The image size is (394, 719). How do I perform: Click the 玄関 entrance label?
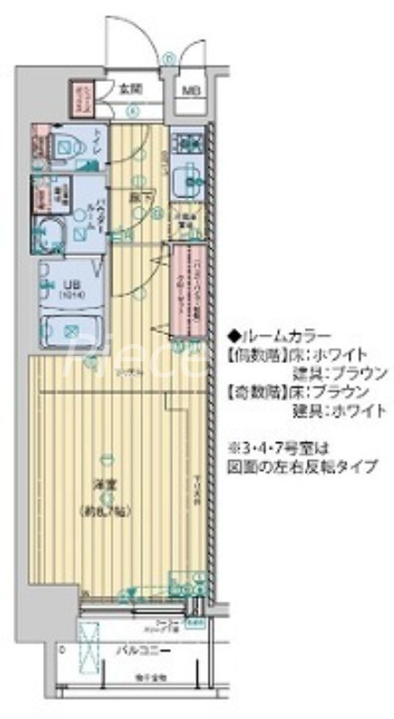130,88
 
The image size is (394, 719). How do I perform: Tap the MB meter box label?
191,90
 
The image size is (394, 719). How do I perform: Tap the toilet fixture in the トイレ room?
63,144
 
